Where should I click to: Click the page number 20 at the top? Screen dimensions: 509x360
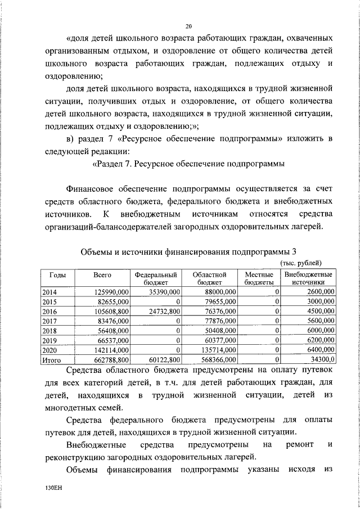coord(188,26)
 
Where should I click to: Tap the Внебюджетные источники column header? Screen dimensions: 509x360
coord(308,278)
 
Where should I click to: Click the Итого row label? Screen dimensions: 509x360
coord(52,359)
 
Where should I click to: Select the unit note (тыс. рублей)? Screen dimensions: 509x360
coord(301,263)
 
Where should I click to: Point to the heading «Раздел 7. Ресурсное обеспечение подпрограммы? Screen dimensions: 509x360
coord(188,164)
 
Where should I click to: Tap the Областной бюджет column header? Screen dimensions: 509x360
coord(209,278)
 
